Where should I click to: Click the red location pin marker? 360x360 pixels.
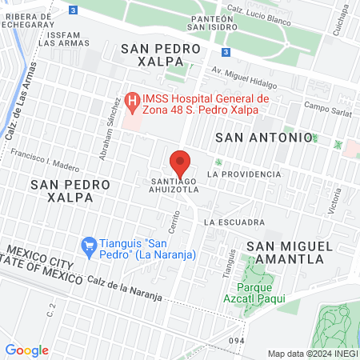[181, 162]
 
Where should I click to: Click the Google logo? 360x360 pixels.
[26, 350]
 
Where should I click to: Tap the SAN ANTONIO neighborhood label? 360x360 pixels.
[264, 138]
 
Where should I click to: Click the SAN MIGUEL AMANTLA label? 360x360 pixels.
[285, 252]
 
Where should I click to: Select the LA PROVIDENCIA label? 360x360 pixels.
[243, 174]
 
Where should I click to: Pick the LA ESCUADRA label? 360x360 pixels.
[234, 222]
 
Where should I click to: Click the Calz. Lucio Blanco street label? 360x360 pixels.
[260, 10]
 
